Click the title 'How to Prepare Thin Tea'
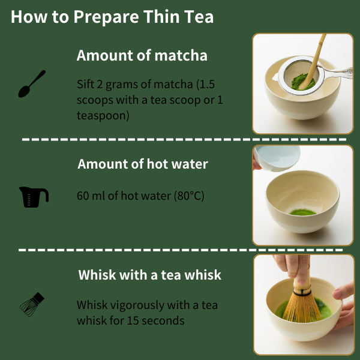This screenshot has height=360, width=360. (x=112, y=17)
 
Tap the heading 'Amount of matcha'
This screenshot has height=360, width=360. (x=142, y=55)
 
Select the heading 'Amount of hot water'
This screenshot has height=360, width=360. (x=143, y=164)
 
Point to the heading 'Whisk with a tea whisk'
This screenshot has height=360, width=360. (x=149, y=275)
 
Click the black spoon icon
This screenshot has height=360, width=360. (x=31, y=84)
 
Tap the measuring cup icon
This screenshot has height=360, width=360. (x=34, y=197)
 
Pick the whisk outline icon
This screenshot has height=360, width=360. (x=32, y=305)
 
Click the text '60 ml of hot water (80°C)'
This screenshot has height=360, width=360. (x=140, y=196)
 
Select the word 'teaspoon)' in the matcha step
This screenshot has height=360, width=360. (x=103, y=115)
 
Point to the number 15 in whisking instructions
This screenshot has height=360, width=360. (x=133, y=320)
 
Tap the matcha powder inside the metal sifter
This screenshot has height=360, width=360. (x=302, y=82)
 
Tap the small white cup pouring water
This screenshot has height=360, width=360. (x=277, y=158)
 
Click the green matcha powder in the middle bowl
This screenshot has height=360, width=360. (x=302, y=212)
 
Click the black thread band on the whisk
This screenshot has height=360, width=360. (x=302, y=293)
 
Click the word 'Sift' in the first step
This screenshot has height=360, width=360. (x=85, y=84)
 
